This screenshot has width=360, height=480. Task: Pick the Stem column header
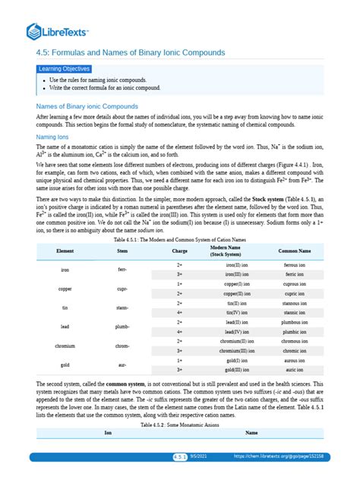coord(122,250)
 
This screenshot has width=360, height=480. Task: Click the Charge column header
coord(180,250)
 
